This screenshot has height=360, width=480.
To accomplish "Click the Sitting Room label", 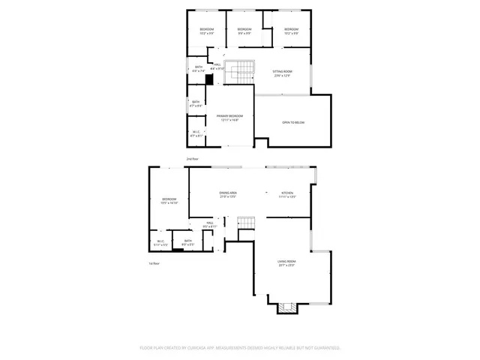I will (282, 73).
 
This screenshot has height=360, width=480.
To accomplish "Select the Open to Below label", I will (293, 122).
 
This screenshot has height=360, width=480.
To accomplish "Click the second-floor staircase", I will (241, 71).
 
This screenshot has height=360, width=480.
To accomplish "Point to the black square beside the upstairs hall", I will (209, 78).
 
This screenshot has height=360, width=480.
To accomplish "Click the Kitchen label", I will (287, 194).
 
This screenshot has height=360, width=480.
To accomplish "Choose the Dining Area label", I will (228, 194).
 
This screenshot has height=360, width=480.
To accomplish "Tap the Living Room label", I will (286, 263).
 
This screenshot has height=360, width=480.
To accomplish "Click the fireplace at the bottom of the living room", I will (283, 307).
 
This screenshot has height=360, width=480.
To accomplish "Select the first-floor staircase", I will (247, 223).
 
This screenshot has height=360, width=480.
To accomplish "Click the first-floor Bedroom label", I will (169, 200).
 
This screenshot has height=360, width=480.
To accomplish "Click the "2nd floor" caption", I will (192, 159).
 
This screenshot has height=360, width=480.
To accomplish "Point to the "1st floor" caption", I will (154, 262).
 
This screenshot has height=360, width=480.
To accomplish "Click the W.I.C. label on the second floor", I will (195, 133).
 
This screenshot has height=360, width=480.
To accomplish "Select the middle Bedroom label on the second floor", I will (244, 31).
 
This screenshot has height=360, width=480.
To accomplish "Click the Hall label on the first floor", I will (210, 224).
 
